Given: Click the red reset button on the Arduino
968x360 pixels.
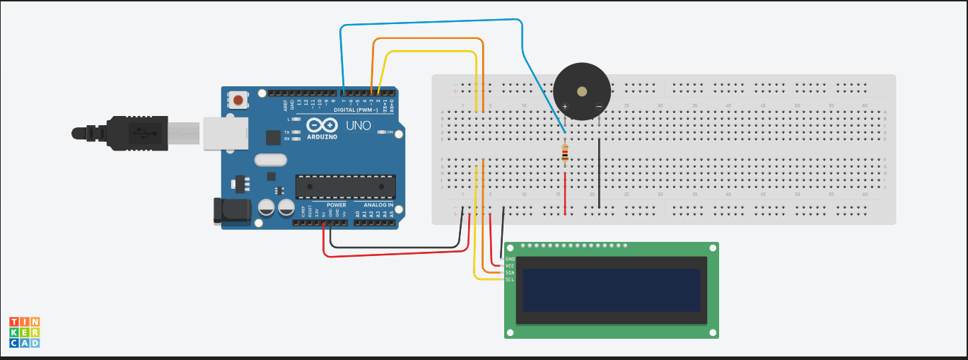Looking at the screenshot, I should (238, 100).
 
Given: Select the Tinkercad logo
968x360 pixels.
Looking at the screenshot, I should (25, 332).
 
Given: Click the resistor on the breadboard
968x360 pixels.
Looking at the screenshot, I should (564, 153).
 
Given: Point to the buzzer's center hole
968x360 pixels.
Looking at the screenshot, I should (581, 91).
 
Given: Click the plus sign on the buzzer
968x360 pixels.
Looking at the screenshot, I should (565, 107).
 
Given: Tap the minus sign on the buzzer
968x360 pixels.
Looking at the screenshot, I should (598, 107).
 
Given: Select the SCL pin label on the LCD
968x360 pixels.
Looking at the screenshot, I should (510, 279).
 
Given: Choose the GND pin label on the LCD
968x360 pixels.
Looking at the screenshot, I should (510, 259).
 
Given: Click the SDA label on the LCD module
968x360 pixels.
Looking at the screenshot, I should (510, 272).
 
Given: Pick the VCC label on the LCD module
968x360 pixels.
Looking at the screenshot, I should (510, 266).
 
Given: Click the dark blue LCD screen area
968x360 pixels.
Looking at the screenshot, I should (611, 290).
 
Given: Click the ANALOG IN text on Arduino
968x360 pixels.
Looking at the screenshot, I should (378, 205).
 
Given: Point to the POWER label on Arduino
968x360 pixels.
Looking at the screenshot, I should (337, 205).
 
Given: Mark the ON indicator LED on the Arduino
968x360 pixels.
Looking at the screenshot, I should (382, 132).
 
